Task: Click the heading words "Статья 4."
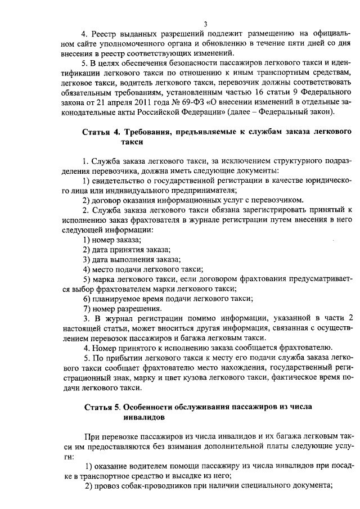click(x=101, y=132)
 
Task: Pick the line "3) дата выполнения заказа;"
click(x=132, y=260)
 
